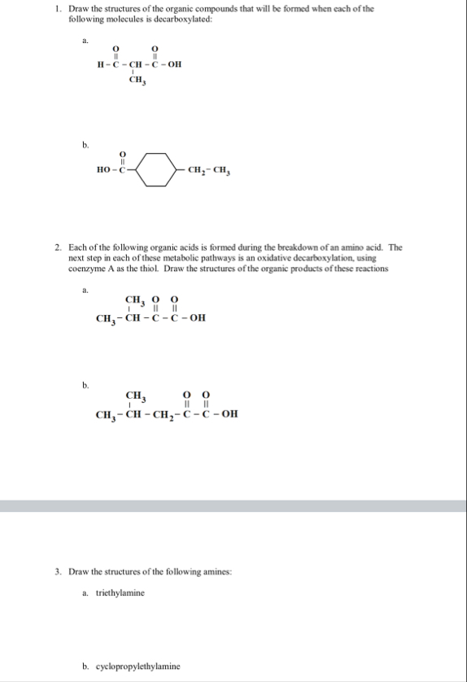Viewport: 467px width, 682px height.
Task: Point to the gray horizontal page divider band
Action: coord(233,505)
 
